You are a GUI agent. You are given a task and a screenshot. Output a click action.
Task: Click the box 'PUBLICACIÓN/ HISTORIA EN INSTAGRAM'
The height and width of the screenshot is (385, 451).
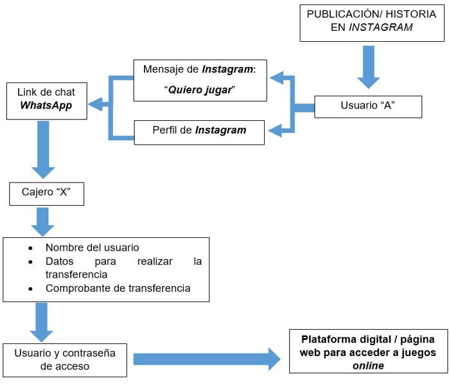coord(371,22)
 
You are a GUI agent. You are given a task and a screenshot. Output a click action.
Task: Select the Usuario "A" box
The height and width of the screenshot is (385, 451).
coord(367,106)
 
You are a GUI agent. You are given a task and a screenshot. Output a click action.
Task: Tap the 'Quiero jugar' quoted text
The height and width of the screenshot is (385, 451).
coord(200,90)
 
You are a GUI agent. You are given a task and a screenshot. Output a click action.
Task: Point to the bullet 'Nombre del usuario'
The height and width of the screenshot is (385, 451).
coord(92,247)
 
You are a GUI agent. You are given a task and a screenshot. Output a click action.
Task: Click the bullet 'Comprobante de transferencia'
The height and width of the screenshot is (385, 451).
coord(118,288)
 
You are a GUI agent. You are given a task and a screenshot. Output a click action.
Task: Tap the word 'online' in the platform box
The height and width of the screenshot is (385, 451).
coord(368,365)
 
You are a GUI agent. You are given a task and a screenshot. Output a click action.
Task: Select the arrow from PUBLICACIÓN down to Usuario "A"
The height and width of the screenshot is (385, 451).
coord(368,66)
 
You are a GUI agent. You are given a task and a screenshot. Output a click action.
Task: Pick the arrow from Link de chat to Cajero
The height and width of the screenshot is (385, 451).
coord(43,149)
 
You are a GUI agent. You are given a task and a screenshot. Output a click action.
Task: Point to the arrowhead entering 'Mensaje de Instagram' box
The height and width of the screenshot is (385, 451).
coord(276,78)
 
